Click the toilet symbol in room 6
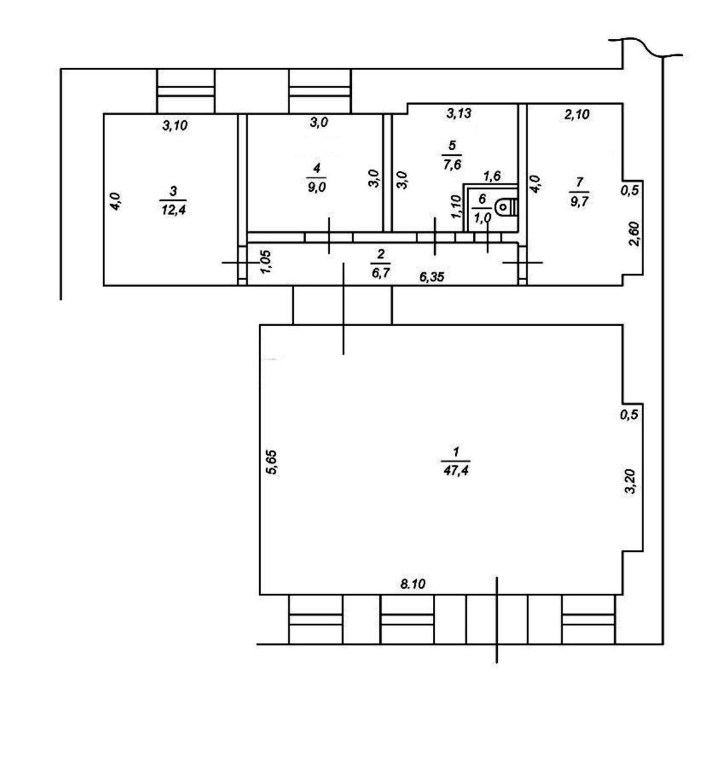507,207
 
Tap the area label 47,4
456,470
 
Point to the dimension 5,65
272,462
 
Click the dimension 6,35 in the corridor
432,277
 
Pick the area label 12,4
173,210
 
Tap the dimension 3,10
175,125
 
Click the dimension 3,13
459,113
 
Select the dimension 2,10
577,114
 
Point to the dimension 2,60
634,234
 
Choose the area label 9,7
579,202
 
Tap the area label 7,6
452,165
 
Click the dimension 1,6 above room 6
491,176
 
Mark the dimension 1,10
456,206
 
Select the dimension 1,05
267,262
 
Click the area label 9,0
316,187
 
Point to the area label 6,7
381,273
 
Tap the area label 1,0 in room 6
482,218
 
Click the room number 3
173,191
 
